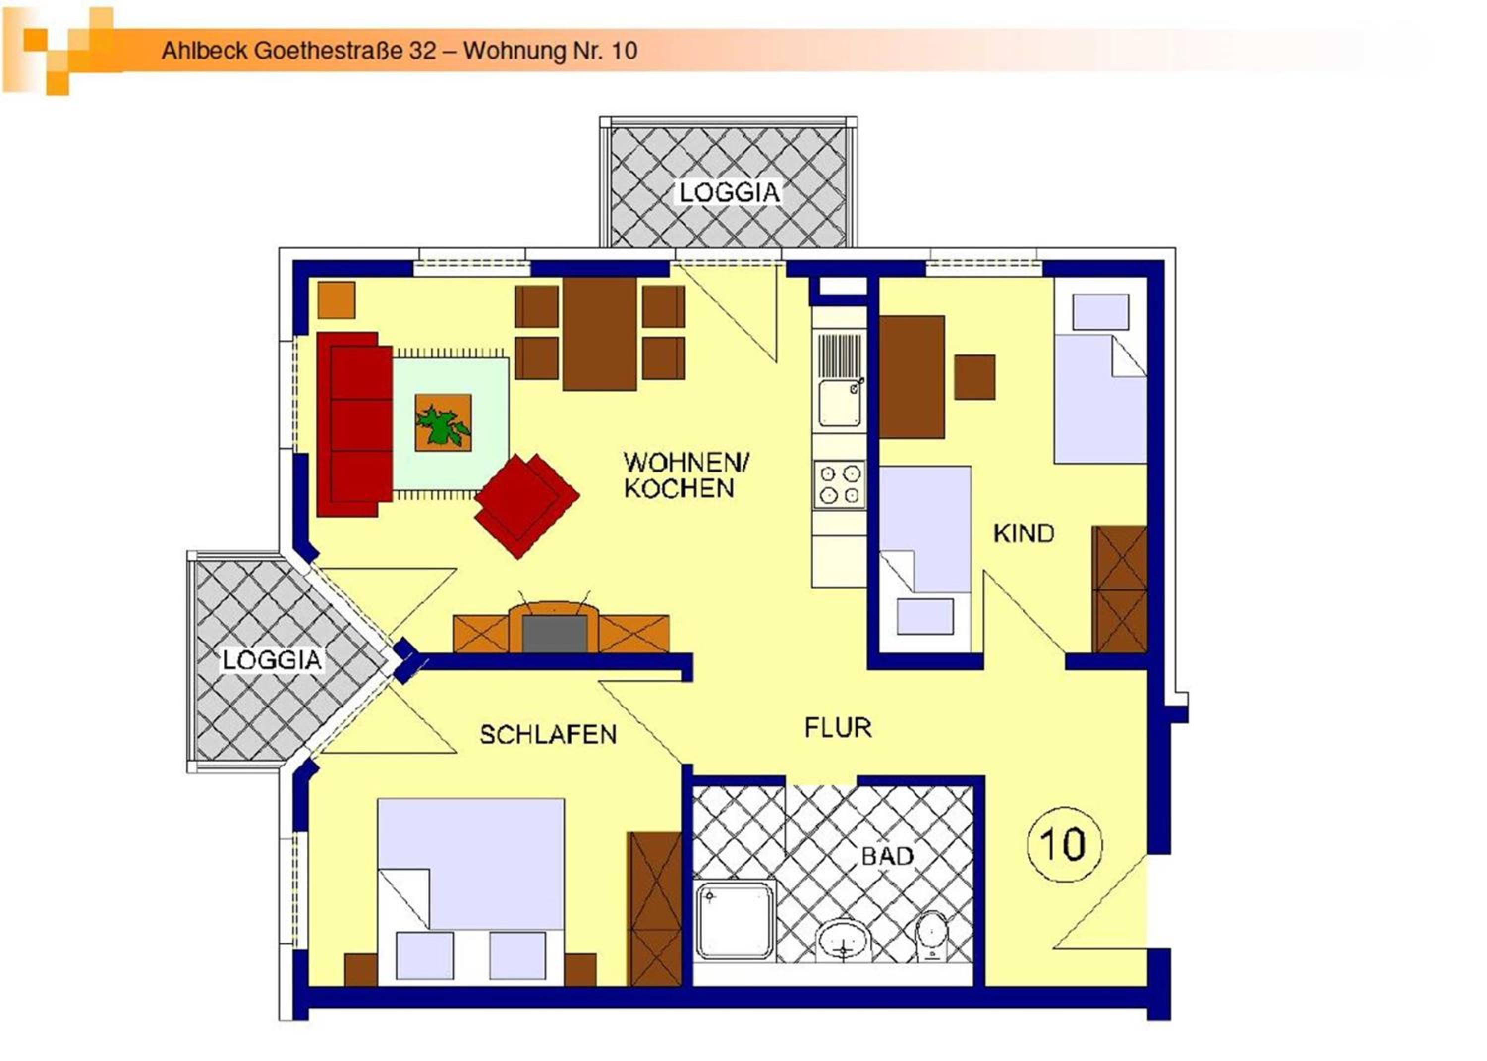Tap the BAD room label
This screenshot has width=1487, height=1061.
(x=887, y=856)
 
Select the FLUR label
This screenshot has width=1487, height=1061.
(x=838, y=727)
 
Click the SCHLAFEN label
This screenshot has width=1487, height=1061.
(x=548, y=734)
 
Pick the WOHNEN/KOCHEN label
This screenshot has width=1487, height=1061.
(x=686, y=475)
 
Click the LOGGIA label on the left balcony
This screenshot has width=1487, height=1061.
(x=272, y=659)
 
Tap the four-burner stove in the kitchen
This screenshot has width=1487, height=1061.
(x=839, y=484)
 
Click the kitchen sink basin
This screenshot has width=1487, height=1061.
(x=840, y=403)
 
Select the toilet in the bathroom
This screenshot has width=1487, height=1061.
(x=932, y=936)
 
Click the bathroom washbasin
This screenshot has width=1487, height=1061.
(x=845, y=940)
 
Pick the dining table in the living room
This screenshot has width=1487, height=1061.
(x=599, y=334)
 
